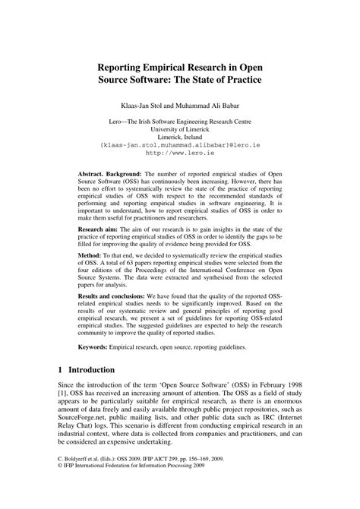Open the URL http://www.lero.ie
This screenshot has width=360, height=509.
click(x=180, y=152)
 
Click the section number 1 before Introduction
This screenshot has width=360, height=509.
click(x=60, y=394)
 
